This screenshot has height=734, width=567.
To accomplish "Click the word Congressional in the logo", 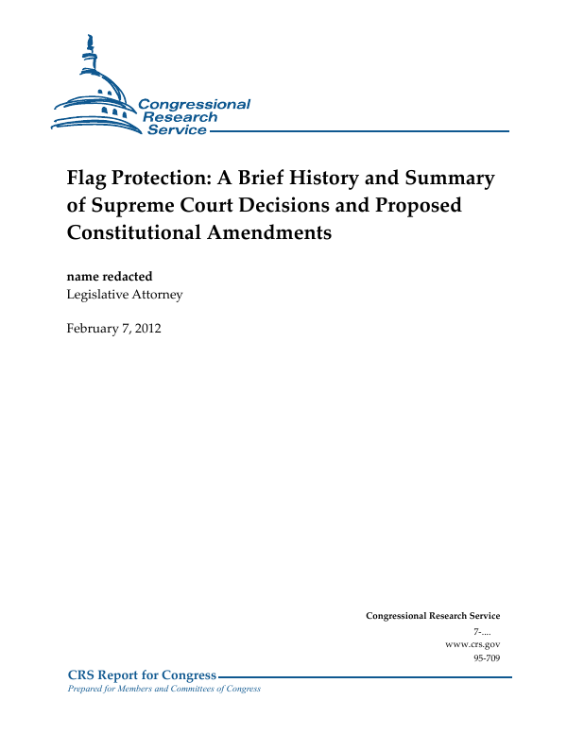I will (x=195, y=104).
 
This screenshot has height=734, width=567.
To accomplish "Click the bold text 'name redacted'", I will (x=109, y=276).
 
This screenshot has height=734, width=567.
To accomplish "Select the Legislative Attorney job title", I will (x=124, y=294).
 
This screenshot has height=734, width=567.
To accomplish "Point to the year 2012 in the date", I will (x=146, y=328).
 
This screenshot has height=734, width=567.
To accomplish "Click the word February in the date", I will (x=94, y=328).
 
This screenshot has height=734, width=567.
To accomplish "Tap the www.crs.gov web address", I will (x=472, y=643).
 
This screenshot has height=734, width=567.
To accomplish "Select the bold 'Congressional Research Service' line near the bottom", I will (x=432, y=616).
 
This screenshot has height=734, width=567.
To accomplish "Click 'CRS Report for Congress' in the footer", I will (x=142, y=675).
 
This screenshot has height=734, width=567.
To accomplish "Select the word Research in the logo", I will (x=180, y=117).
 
